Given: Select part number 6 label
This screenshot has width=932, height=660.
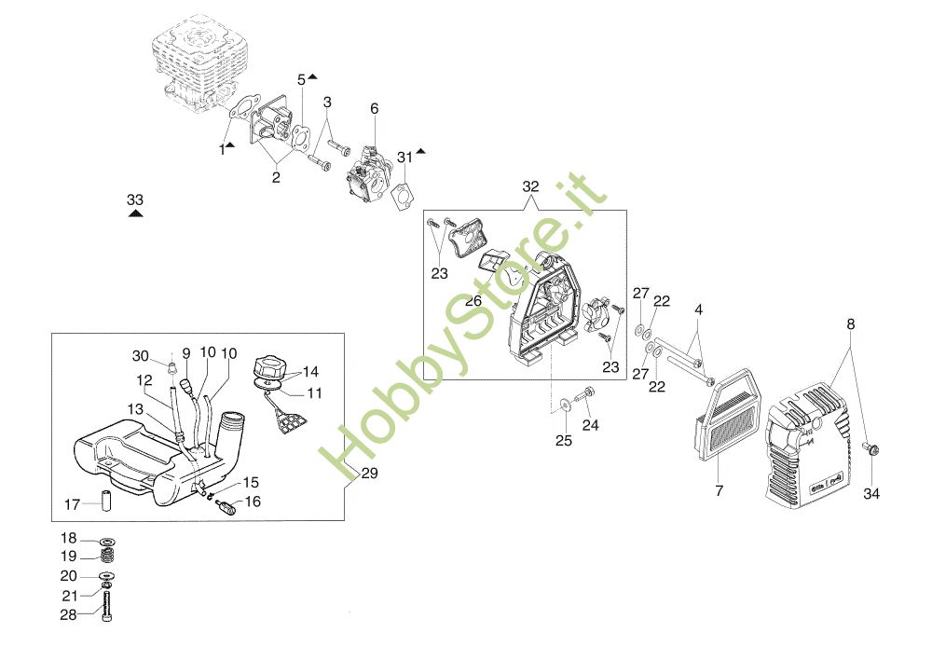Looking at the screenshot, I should coord(375,109).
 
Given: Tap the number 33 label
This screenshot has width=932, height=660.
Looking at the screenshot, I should coord(135,199).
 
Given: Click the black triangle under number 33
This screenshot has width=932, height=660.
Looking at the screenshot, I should coord(135,213).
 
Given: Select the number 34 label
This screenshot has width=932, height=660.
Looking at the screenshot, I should coord(870,493).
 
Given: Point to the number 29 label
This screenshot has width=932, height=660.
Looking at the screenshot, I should coord(369,474).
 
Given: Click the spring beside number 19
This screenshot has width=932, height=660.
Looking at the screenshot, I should coord(108,556).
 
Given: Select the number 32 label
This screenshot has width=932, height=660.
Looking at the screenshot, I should coord(530,186).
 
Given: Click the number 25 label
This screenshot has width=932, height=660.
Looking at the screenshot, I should coord(564,440).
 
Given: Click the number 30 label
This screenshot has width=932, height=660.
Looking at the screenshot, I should coord(141,355).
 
